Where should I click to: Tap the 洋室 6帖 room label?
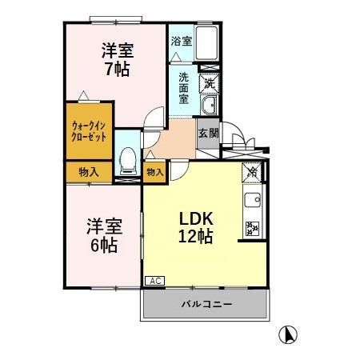tap(102, 235)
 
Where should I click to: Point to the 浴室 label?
tap(181, 40)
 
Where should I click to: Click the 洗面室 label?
tap(184, 89)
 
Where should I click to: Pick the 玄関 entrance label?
tap(208, 134)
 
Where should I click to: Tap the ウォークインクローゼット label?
tap(90, 130)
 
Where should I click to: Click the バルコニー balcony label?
tap(206, 305)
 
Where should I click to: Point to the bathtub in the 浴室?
tap(207, 43)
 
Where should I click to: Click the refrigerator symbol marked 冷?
tap(252, 170)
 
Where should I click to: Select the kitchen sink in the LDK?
tap(254, 201)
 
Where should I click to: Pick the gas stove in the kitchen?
tap(253, 230)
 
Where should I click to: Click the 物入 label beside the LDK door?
tap(155, 171)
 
